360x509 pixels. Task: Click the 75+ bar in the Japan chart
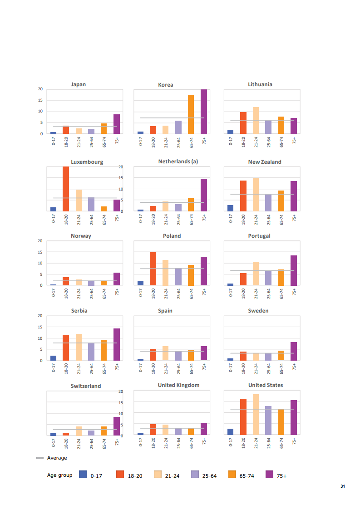coord(117,124)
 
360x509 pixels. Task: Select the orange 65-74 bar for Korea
coord(191,115)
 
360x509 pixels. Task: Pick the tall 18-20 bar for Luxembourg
coord(66,189)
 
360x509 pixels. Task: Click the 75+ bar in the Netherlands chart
coord(204,195)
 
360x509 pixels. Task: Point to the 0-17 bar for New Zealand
coord(231,208)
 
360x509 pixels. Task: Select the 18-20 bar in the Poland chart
coord(153,269)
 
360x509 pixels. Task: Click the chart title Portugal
coord(259,236)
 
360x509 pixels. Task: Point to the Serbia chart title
coord(79,311)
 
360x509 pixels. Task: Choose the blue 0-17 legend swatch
coord(83,475)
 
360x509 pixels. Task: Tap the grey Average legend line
coord(39,458)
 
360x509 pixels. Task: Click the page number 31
coord(343,487)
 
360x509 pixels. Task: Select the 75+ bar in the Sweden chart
coord(294,351)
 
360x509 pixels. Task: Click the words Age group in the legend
coord(59,475)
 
